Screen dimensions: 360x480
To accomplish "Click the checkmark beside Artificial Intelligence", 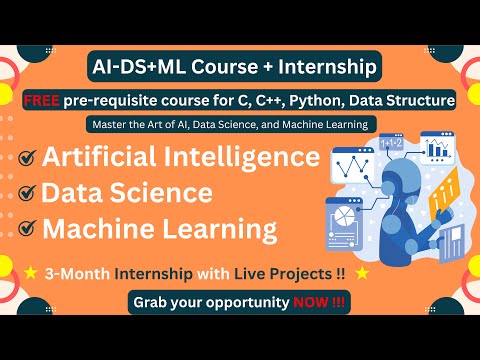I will pos(28,158).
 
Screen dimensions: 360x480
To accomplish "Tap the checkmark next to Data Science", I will pos(28,193).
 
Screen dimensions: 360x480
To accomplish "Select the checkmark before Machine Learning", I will pos(28,228).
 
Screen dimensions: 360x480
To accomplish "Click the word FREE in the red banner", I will pos(47,100).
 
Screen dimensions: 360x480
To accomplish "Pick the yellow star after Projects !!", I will pos(361,270).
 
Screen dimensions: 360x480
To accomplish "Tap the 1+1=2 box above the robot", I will pos(390,147).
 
